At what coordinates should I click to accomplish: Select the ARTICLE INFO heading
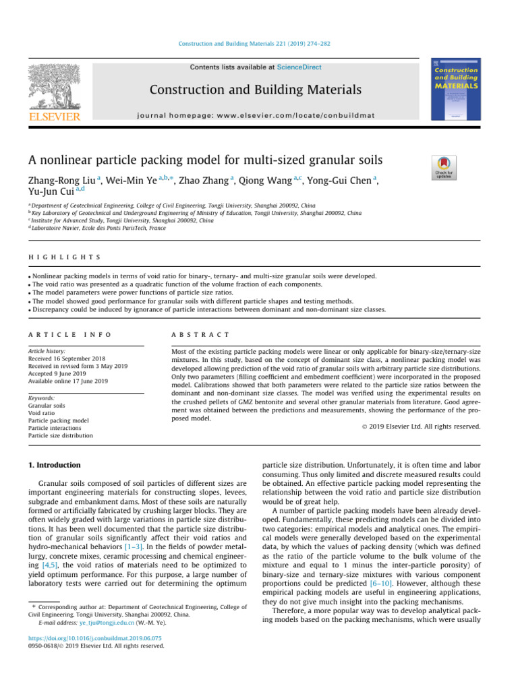69,334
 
